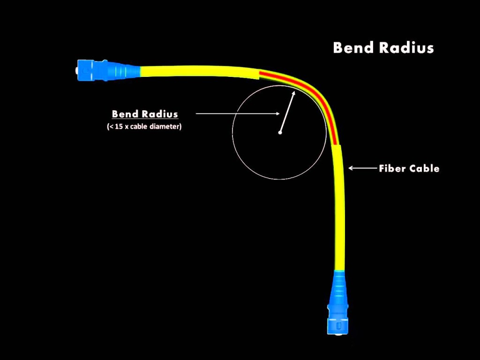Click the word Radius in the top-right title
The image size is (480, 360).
click(x=408, y=48)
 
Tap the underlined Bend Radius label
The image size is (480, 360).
click(x=145, y=114)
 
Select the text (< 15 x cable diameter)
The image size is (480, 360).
click(x=144, y=127)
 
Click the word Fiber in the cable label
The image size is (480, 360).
click(x=392, y=168)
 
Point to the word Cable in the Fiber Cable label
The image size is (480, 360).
click(x=424, y=168)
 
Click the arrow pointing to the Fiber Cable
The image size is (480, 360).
click(x=361, y=168)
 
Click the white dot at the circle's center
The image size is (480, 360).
click(x=280, y=133)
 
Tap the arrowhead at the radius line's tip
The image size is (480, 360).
click(x=293, y=94)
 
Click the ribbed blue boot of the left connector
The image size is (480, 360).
click(x=122, y=70)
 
